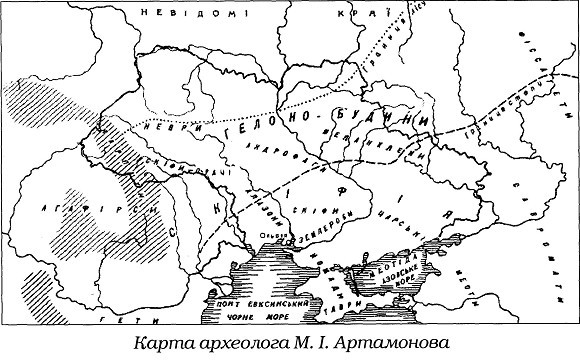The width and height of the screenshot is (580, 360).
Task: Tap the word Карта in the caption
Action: [x=162, y=343]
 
